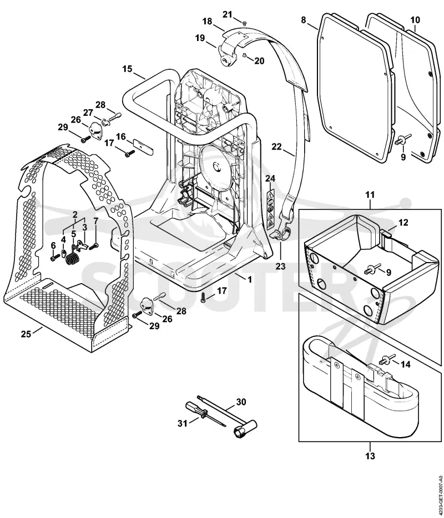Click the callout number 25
tap(26, 334)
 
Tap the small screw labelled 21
tap(244, 23)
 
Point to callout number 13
tap(370, 456)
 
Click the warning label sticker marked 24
tap(270, 210)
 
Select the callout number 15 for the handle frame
tap(127, 69)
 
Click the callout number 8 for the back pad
tap(304, 20)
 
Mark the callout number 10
tap(415, 20)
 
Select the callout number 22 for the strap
tap(276, 146)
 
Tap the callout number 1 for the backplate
tap(250, 279)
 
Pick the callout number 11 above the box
tap(370, 194)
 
